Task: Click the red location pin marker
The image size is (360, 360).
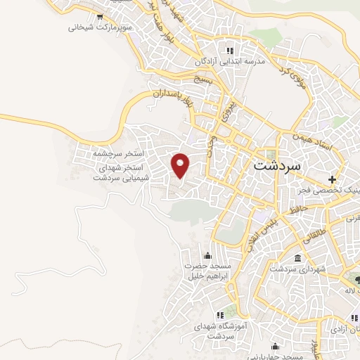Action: click(x=181, y=165)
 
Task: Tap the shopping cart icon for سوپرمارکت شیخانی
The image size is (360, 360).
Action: click(x=101, y=16)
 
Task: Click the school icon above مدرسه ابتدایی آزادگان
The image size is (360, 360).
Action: click(x=229, y=50)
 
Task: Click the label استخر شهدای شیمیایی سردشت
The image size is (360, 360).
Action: click(x=119, y=173)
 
